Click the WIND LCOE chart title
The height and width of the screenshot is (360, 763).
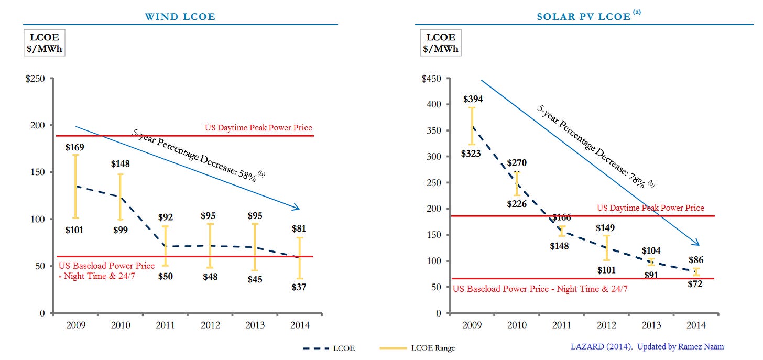click(x=180, y=17)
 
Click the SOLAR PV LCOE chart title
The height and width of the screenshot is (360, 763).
click(x=583, y=17)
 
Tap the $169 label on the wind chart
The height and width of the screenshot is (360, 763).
click(x=75, y=147)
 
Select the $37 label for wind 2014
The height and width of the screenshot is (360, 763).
click(x=300, y=287)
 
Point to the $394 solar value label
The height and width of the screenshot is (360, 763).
click(x=473, y=99)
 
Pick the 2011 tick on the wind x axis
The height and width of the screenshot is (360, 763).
click(x=165, y=325)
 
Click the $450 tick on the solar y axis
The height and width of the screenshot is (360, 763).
click(x=432, y=79)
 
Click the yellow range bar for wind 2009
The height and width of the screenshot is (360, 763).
click(x=75, y=186)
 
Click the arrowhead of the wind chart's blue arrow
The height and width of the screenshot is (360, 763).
click(x=296, y=208)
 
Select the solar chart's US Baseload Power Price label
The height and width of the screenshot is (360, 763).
click(x=540, y=289)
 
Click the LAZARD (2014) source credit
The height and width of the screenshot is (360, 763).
click(x=647, y=346)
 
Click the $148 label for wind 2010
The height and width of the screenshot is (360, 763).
click(x=120, y=164)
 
